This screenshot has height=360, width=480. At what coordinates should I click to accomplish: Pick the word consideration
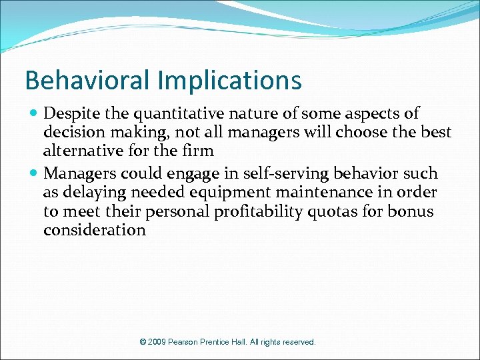[x=95, y=231]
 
